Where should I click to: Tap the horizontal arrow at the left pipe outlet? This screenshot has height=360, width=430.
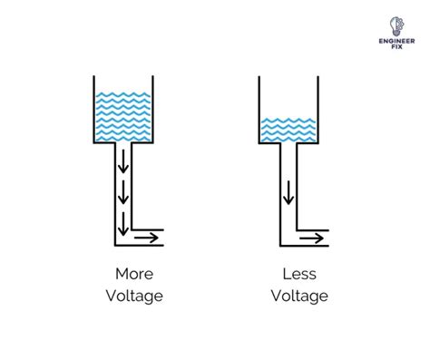coord(145,238)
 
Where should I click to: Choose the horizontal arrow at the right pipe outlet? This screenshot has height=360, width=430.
coord(311,238)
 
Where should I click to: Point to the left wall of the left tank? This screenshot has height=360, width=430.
coord(94,109)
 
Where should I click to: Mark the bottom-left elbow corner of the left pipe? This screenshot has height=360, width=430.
coord(116,244)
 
